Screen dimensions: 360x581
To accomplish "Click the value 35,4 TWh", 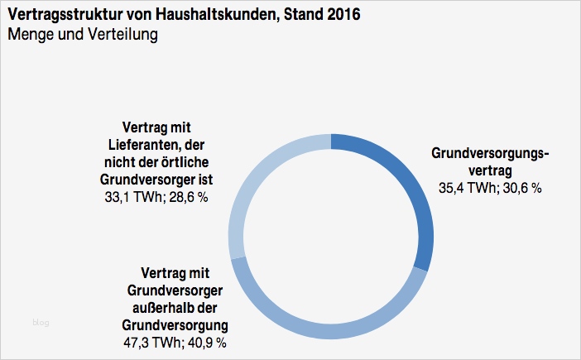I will coord(466,188).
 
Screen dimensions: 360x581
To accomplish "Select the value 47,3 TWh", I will coord(151,341).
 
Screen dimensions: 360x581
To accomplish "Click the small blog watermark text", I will coord(41,322).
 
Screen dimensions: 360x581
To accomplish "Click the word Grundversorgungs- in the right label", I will coord(491,153).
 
